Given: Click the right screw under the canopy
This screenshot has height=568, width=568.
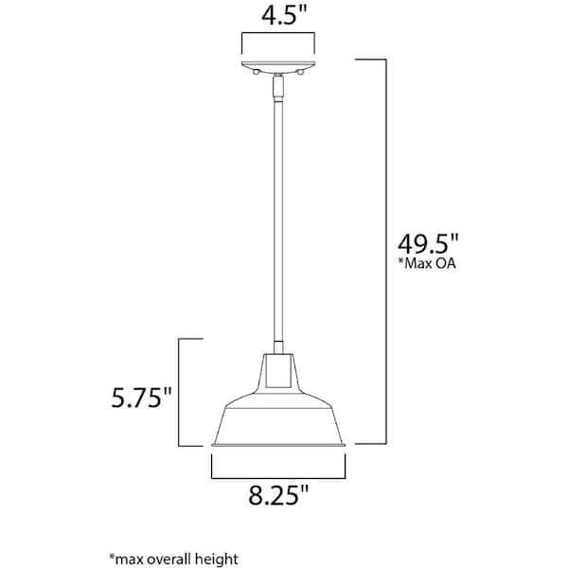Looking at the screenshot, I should pos(300,72).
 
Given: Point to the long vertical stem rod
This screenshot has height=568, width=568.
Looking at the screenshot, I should pos(278,218).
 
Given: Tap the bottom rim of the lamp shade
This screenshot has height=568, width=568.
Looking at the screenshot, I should pos(278,443).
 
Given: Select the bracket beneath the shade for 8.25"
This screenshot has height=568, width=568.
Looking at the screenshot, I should pos(277,473).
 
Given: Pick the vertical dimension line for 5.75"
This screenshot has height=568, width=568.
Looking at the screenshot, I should pos(179,392).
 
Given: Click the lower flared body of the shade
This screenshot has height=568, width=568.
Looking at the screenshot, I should pos(278,417).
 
